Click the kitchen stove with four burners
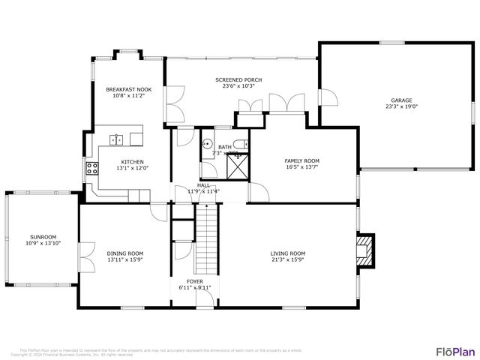point(92,169)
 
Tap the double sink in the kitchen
point(117,139)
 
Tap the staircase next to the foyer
point(205,241)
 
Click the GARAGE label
point(401,100)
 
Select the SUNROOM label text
point(43,236)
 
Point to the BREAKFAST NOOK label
point(128,89)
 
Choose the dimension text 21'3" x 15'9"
point(287,260)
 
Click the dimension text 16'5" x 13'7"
point(301,167)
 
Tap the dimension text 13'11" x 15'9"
point(124,260)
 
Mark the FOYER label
point(195,281)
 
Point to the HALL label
point(203,184)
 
